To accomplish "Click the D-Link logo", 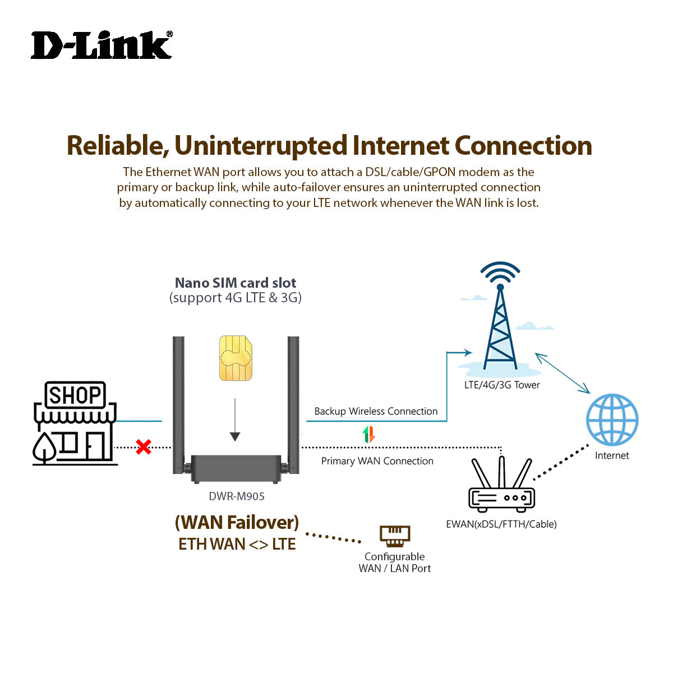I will (102, 45).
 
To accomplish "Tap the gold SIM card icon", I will (235, 358).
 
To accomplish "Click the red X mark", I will (144, 447).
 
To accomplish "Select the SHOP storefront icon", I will (75, 423).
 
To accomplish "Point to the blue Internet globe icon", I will (612, 420).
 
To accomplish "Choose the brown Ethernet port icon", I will (395, 536).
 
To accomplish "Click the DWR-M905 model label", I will (237, 496).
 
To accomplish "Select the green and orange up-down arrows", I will (368, 435).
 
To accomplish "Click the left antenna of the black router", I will (179, 401).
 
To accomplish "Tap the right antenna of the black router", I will (293, 401).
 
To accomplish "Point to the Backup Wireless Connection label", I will (376, 411).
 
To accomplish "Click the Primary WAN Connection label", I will (377, 461).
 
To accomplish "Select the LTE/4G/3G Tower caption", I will (502, 385).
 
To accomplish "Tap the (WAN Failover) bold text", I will (237, 522).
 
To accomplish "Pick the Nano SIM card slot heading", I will (236, 283).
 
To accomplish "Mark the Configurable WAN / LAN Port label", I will (395, 563).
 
